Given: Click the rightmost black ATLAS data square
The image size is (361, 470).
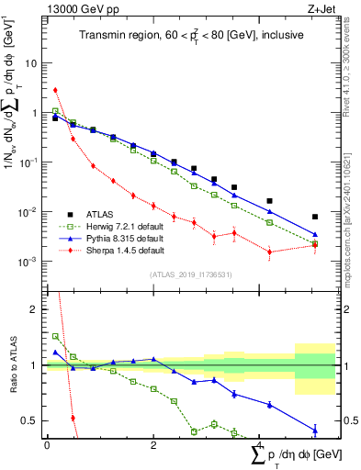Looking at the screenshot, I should click(x=315, y=218).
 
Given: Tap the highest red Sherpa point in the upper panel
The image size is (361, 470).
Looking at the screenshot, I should click(x=55, y=90).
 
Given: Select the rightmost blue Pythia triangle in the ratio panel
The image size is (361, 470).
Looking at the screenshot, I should click(x=315, y=430).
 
